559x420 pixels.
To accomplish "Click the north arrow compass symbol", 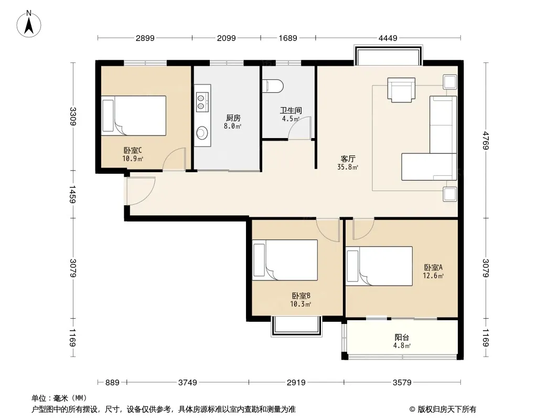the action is [x=29, y=24].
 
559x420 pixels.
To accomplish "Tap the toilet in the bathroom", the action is [x=273, y=86].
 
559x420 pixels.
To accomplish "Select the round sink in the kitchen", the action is [x=202, y=133].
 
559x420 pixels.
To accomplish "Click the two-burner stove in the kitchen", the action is [x=201, y=101].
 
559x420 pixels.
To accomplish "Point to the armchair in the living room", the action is [x=402, y=90].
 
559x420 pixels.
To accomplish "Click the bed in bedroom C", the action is [x=134, y=115].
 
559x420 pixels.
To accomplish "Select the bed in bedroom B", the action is [x=285, y=260].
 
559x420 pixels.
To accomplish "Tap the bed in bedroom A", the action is [x=379, y=266].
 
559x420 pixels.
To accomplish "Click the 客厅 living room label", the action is [x=348, y=159].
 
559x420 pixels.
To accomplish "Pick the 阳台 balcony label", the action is [x=402, y=337].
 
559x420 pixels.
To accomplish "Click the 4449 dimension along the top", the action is [x=388, y=38].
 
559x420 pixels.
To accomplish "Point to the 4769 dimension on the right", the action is [x=486, y=140].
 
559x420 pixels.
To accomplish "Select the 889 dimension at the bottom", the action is [x=112, y=383].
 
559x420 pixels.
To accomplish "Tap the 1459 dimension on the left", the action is [x=72, y=194].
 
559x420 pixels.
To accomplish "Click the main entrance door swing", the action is [x=139, y=191].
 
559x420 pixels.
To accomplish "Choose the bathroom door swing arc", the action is [x=299, y=128].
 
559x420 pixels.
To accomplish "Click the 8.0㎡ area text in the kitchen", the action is [x=232, y=126].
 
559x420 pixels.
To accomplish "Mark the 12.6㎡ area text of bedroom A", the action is [x=433, y=276].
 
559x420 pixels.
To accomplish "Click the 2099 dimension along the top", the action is [x=227, y=38].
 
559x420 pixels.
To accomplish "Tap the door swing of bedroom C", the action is [x=174, y=159].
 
